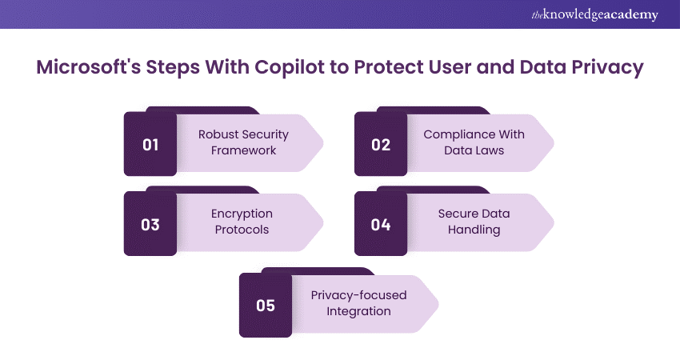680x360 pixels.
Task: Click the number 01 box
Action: (x=150, y=145)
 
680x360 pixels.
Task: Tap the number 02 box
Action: (x=381, y=145)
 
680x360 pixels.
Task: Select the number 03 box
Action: (x=150, y=225)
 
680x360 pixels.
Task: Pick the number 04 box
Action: (x=381, y=225)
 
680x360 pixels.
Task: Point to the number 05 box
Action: (x=266, y=305)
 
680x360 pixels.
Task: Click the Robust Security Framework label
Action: (x=243, y=142)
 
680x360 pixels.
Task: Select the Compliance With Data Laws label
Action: (x=474, y=142)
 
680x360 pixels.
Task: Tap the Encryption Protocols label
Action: (x=242, y=222)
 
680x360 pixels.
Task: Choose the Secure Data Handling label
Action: (x=474, y=222)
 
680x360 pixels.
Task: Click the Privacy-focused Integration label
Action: (x=358, y=302)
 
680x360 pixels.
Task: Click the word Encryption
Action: (x=242, y=214)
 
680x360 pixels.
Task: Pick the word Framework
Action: (x=243, y=150)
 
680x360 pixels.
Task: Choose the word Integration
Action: (x=358, y=310)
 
